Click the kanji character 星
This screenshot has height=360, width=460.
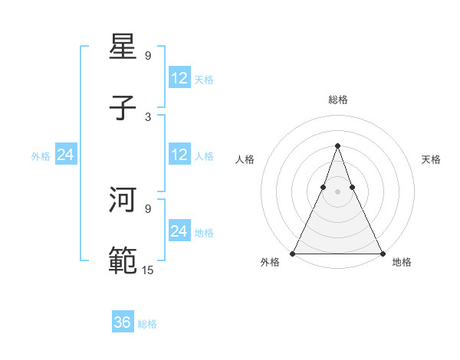123,47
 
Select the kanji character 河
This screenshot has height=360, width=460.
123,200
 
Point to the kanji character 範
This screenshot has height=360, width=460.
123,261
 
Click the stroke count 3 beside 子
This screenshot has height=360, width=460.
148,116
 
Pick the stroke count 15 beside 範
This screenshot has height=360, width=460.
148,269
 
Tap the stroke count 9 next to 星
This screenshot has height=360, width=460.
148,55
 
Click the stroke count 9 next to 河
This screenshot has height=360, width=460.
148,208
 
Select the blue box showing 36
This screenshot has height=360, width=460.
123,322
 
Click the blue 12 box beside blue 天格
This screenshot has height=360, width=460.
179,78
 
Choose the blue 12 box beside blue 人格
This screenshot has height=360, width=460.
179,155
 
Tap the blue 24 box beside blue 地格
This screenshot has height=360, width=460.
179,231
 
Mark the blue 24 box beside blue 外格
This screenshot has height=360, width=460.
66,155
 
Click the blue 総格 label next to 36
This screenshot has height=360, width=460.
147,324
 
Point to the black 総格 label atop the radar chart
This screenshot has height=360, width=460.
337,100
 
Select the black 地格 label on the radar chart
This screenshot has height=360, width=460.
402,263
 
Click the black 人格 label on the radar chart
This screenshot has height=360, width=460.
245,159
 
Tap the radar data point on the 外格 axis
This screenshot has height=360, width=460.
293,253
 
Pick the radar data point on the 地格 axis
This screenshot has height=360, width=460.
382,253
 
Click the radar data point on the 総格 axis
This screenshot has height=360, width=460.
337,145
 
